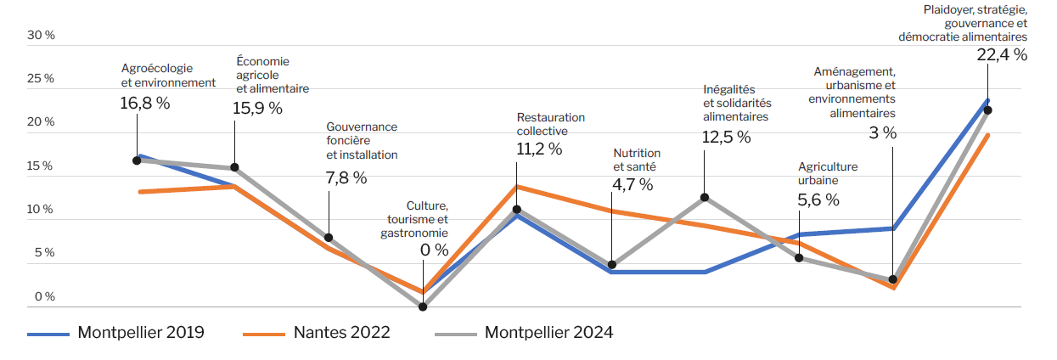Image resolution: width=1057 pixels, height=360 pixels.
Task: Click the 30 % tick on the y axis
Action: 41,35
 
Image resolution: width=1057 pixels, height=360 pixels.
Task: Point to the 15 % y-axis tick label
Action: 40,166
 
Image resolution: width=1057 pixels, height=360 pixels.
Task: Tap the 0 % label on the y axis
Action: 45,296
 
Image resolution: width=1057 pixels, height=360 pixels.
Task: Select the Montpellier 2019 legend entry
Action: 115,333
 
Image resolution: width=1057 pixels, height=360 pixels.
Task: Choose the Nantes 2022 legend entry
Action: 316,333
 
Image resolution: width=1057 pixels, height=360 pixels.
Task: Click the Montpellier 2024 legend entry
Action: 524,333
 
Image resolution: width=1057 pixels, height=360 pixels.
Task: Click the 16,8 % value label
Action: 145,104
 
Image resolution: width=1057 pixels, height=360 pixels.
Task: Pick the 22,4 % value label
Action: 1002,55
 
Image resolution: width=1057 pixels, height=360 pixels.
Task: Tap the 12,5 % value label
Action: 726,138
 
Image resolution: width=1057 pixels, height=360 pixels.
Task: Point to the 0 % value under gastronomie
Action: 435,250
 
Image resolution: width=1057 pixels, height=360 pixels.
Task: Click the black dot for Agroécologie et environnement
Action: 137,160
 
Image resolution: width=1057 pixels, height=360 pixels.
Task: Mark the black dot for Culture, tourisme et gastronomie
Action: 423,307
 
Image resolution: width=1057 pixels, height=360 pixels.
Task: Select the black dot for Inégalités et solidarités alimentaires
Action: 705,197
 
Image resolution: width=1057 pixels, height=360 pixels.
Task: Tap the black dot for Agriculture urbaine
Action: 799,257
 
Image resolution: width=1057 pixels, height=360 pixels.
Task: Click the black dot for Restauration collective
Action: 517,209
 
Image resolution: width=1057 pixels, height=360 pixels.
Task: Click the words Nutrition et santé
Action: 637,160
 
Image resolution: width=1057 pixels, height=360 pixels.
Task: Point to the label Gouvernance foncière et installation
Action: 362,141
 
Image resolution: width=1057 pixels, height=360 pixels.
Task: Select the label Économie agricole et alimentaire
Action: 273,75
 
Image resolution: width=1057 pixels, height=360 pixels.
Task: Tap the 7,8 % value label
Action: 346,177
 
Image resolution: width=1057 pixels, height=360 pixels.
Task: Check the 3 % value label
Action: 883,133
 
